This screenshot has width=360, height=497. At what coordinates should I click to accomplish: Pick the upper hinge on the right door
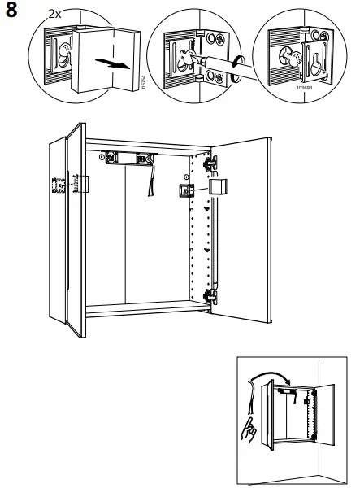(213, 163)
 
